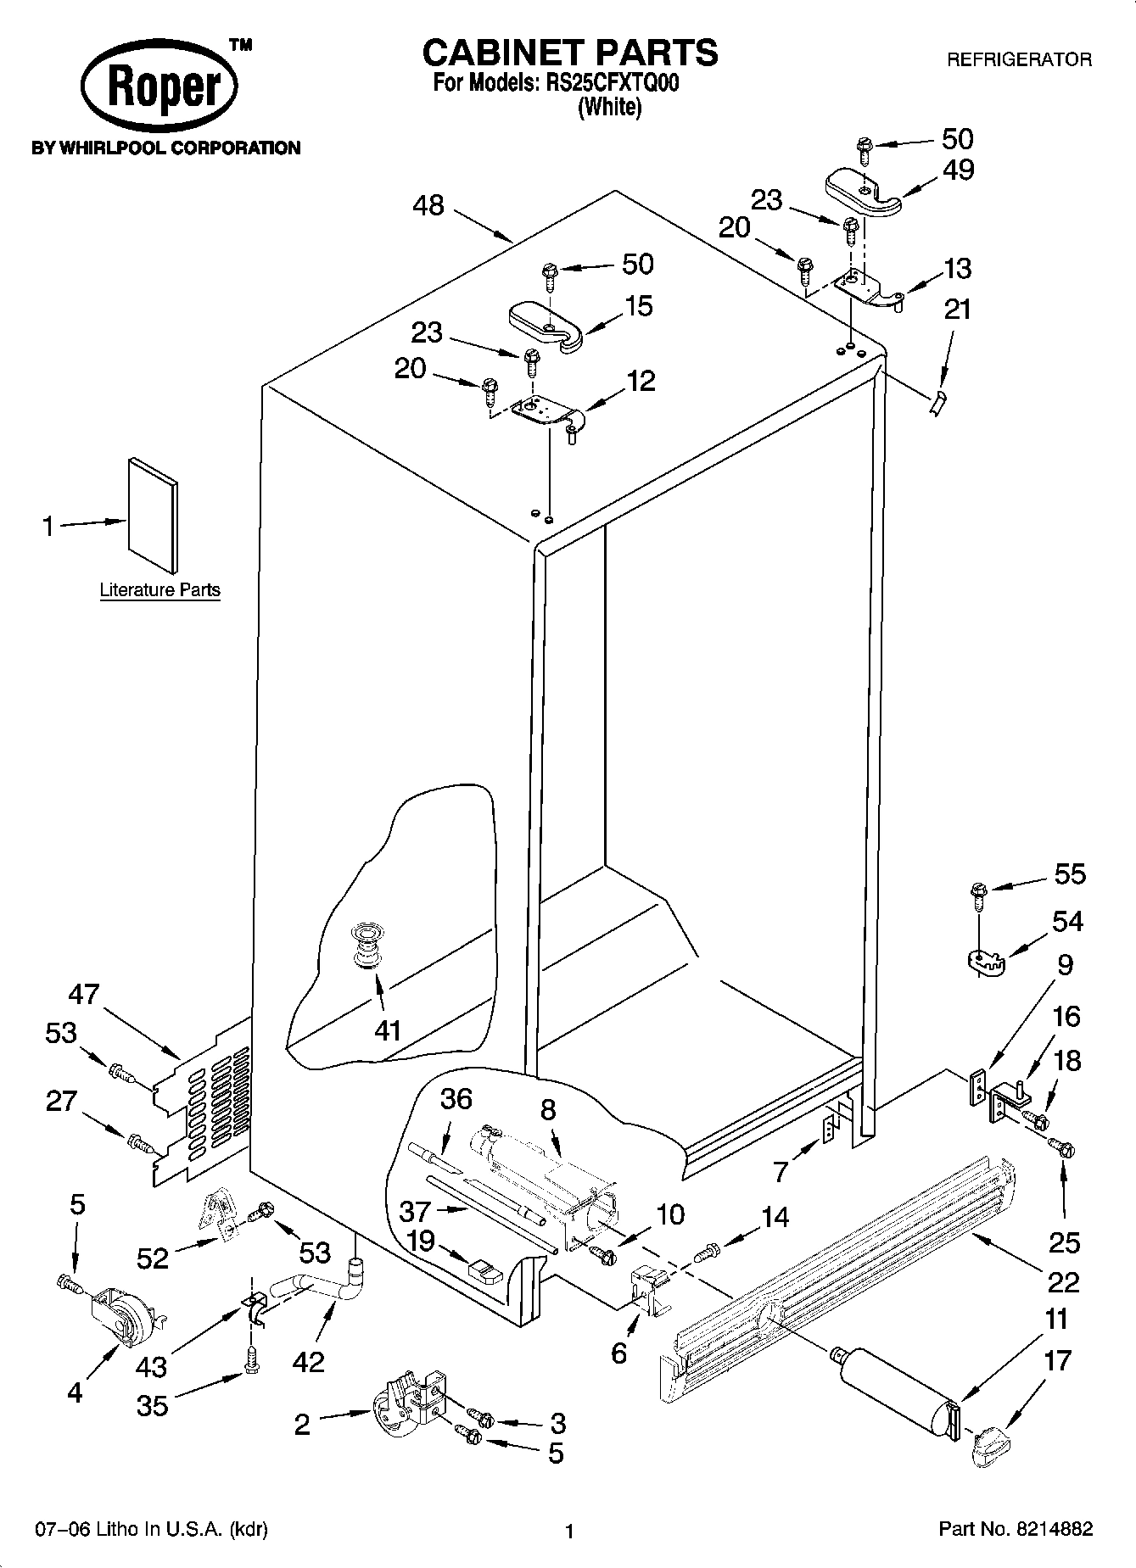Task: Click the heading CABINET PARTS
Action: pyautogui.click(x=569, y=53)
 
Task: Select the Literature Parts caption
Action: pyautogui.click(x=159, y=589)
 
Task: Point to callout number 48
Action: pyautogui.click(x=429, y=205)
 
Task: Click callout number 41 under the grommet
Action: pyautogui.click(x=387, y=1030)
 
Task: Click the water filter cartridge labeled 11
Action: pyautogui.click(x=898, y=1390)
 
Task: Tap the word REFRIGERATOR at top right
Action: pyautogui.click(x=1018, y=60)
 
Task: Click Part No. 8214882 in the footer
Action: pyautogui.click(x=1015, y=1529)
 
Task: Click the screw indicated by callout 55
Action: pyautogui.click(x=977, y=892)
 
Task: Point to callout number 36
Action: pyautogui.click(x=456, y=1100)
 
